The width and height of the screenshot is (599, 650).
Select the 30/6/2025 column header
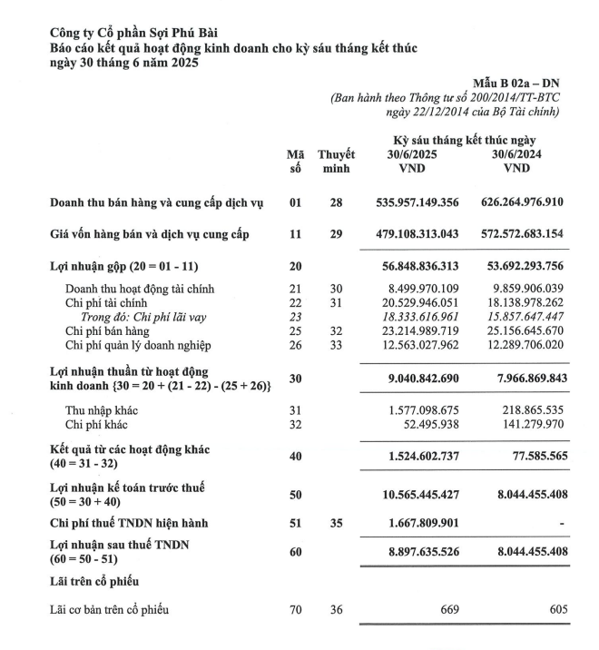[x=413, y=154]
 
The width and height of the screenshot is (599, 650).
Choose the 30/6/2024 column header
[x=516, y=154]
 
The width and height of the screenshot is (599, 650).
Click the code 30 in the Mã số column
[x=295, y=379]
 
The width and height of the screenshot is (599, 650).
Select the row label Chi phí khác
[x=96, y=426]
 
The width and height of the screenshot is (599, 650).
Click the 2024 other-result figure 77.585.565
[x=533, y=457]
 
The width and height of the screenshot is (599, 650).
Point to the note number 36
[x=336, y=609]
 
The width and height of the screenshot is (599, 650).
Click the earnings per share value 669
[x=448, y=609]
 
